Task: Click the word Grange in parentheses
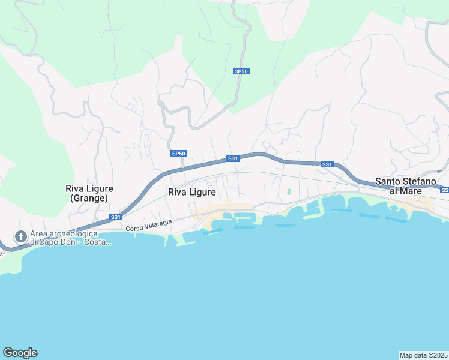[x=89, y=197]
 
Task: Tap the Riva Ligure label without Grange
[x=192, y=192]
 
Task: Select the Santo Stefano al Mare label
[x=403, y=185]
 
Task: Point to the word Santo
[x=388, y=181]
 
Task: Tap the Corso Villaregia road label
[x=149, y=224]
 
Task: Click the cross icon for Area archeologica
[x=20, y=236]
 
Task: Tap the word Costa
[x=98, y=242]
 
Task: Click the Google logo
[x=20, y=353]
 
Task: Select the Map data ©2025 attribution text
[x=423, y=355]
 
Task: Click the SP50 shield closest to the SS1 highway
[x=178, y=154]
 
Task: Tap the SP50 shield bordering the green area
[x=241, y=71]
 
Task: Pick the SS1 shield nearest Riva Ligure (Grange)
[x=116, y=217]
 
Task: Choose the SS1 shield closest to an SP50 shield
[x=233, y=158]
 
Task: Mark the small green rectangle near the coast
[x=289, y=192]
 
